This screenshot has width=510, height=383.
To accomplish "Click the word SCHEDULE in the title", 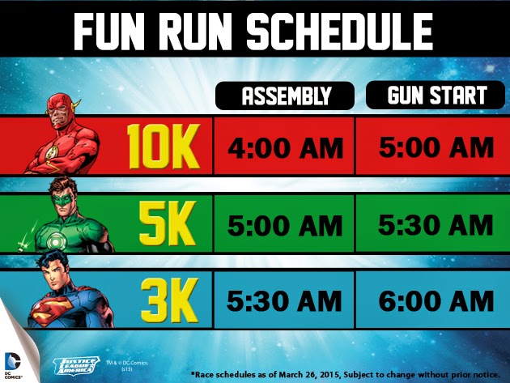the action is (x=339, y=32).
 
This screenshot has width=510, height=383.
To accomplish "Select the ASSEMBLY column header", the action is (x=285, y=96).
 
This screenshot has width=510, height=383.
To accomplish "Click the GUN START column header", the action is (x=436, y=95).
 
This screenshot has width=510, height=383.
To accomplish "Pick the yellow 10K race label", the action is (x=163, y=147).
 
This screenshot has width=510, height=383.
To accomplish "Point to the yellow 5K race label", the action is (x=168, y=223).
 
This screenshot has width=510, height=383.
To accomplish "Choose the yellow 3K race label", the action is (x=169, y=300).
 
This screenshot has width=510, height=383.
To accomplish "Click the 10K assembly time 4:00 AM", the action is (x=285, y=148).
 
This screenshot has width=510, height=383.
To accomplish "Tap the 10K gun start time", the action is (x=436, y=147).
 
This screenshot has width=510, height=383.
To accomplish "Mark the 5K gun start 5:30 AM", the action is (x=436, y=224).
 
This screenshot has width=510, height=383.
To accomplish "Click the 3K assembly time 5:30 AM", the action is (x=285, y=300).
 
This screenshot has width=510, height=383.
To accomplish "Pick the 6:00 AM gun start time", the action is (x=436, y=301).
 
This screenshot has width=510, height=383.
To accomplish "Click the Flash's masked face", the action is (x=61, y=113).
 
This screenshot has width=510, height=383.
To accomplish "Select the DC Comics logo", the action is (x=12, y=364).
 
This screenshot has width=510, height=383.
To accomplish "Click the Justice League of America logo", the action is (x=76, y=366).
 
